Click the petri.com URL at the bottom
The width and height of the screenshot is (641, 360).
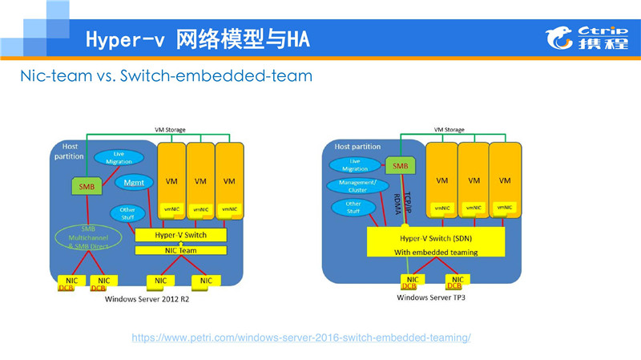click(300, 338)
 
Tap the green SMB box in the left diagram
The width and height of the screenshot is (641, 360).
click(87, 186)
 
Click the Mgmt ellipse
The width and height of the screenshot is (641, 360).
click(134, 183)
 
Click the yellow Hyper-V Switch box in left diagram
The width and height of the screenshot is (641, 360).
click(181, 235)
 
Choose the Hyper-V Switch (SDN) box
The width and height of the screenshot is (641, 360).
click(436, 238)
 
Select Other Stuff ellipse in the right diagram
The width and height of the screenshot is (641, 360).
click(353, 207)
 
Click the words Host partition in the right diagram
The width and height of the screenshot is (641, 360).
click(357, 147)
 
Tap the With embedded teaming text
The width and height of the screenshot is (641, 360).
click(435, 252)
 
